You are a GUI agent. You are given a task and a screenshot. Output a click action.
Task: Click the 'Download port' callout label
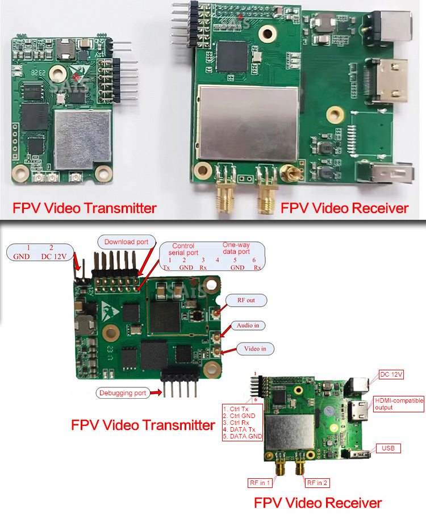click(x=126, y=242)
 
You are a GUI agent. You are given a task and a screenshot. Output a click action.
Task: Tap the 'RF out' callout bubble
click(x=246, y=300)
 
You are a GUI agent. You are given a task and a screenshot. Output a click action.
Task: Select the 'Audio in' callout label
click(x=248, y=325)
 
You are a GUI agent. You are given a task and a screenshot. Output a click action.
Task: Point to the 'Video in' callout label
click(x=255, y=349)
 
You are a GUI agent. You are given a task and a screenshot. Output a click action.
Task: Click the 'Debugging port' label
click(x=123, y=393)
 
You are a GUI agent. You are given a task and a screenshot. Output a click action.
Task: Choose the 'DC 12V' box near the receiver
click(x=391, y=374)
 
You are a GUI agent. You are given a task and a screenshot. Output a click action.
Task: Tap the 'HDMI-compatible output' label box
click(x=399, y=404)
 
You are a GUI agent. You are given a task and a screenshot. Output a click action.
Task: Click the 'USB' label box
click(x=389, y=448)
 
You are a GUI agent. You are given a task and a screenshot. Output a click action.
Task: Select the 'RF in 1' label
click(x=260, y=483)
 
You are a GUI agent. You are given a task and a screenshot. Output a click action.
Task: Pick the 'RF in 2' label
click(x=318, y=483)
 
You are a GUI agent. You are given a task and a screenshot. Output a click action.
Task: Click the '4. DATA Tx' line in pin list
click(x=239, y=429)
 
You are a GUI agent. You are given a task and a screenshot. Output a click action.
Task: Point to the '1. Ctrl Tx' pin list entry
click(x=236, y=409)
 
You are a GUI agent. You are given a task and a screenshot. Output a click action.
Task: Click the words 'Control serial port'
click(x=183, y=249)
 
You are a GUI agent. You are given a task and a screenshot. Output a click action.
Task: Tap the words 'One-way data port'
click(x=236, y=248)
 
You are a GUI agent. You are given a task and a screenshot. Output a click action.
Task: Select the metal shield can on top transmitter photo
click(x=82, y=140)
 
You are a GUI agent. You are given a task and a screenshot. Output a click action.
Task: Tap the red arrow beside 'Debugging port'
click(x=156, y=392)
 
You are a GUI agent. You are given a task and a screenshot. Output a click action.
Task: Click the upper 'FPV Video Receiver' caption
click(x=344, y=208)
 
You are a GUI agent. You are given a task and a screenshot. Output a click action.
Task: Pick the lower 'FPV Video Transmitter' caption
click(x=143, y=425)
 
